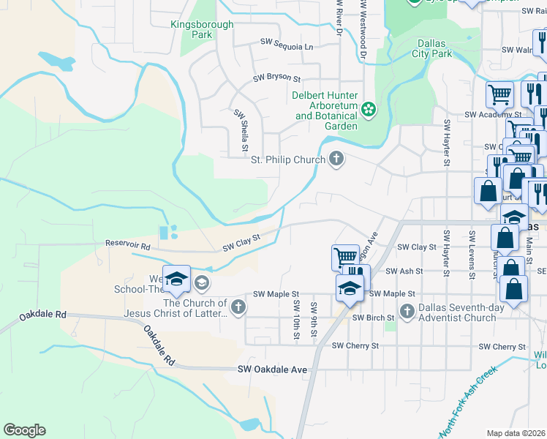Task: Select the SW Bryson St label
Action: [x=277, y=78]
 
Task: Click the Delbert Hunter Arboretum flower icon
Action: [x=369, y=110]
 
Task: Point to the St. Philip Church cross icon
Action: [x=336, y=160]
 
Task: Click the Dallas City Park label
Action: [x=432, y=49]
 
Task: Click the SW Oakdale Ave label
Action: [x=272, y=369]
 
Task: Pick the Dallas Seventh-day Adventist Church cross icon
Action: [x=407, y=312]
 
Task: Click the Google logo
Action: [x=24, y=430]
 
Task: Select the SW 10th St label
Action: [x=297, y=319]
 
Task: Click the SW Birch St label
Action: [x=373, y=318]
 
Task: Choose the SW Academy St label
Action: [x=495, y=115]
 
